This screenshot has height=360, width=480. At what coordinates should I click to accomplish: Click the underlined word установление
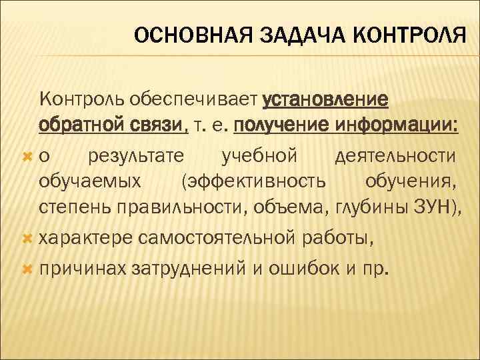click(327, 99)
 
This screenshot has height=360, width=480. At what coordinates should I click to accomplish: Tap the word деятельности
click(394, 156)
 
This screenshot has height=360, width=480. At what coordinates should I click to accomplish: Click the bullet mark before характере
click(27, 238)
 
